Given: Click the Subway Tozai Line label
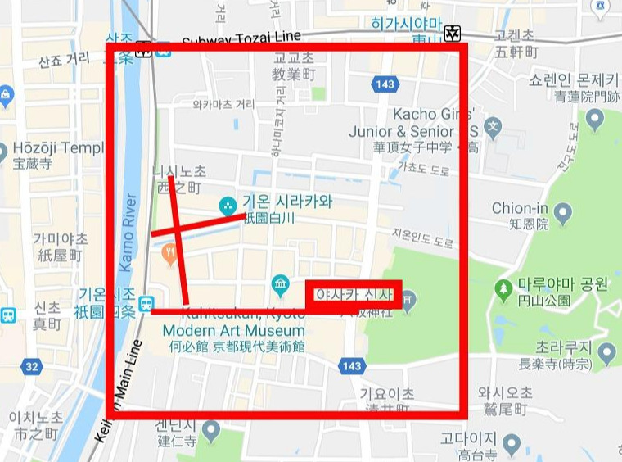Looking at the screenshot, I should click(241, 38).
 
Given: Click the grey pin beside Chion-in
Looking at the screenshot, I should click(562, 215).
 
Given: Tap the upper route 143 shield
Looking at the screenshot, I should click(384, 84).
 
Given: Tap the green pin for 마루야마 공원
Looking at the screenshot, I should click(503, 288).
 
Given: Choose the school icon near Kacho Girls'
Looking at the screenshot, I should click(492, 128).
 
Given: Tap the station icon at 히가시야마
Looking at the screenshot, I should click(452, 34).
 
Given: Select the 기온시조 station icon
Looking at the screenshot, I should click(146, 303).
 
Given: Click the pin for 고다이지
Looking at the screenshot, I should click(511, 445).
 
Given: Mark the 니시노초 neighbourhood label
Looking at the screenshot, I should click(178, 171).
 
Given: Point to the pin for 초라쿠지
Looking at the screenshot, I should click(606, 354).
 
